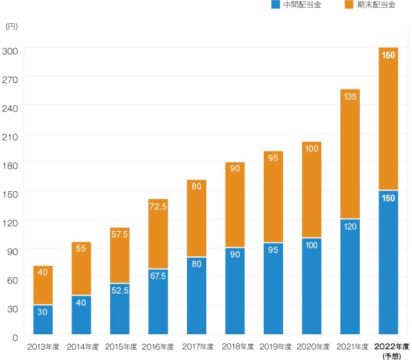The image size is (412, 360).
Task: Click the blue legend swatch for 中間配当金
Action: click(275, 5)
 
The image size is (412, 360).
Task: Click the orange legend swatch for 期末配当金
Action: click(349, 5)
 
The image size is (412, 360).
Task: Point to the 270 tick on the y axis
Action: click(10, 80)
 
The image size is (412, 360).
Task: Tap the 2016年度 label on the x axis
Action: click(158, 347)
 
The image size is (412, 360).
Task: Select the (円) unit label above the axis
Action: click(12, 26)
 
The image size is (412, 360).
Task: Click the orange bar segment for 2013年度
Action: click(43, 285)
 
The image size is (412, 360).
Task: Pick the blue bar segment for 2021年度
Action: click(350, 276)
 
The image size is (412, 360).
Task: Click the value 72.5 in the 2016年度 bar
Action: click(158, 207)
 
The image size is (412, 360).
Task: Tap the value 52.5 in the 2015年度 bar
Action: click(120, 290)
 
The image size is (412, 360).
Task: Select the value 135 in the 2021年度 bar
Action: click(350, 97)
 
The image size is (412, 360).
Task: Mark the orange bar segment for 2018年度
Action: click(235, 205)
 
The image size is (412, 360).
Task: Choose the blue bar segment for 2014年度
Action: click(81, 315)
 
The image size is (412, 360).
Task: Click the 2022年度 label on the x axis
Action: click(392, 346)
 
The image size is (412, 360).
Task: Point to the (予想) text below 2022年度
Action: click(392, 355)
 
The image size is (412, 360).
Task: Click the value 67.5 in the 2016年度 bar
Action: click(158, 276)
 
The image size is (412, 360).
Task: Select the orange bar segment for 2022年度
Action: click(388, 118)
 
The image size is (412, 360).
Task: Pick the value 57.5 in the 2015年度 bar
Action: click(120, 234)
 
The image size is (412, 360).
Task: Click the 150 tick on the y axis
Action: click(10, 194)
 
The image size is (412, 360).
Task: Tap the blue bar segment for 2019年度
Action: click(273, 289)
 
